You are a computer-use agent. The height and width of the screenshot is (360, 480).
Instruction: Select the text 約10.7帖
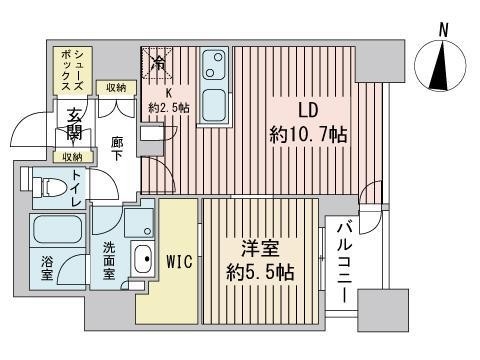click(308, 133)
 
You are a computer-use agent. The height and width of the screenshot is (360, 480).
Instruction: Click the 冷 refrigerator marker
click(156, 63)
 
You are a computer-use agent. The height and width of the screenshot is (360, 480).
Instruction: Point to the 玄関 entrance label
click(76, 127)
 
